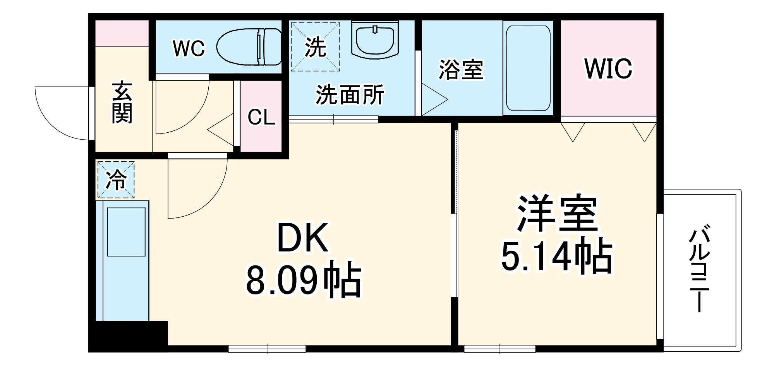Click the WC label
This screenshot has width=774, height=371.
click(189, 49)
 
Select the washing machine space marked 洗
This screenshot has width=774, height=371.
click(315, 47)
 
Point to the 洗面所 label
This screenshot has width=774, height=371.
click(350, 94)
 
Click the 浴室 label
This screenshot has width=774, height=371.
click(461, 70)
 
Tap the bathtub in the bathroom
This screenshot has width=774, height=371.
click(528, 68)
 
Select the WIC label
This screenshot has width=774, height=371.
click(608, 69)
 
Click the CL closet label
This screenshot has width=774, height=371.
click(261, 116)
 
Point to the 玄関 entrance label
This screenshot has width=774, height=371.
click(122, 103)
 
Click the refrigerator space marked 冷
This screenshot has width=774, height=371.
click(116, 180)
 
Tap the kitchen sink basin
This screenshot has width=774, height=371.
click(126, 232)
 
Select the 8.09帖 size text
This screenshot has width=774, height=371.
click(304, 280)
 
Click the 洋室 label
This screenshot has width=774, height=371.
click(557, 214)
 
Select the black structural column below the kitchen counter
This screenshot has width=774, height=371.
click(128, 336)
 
